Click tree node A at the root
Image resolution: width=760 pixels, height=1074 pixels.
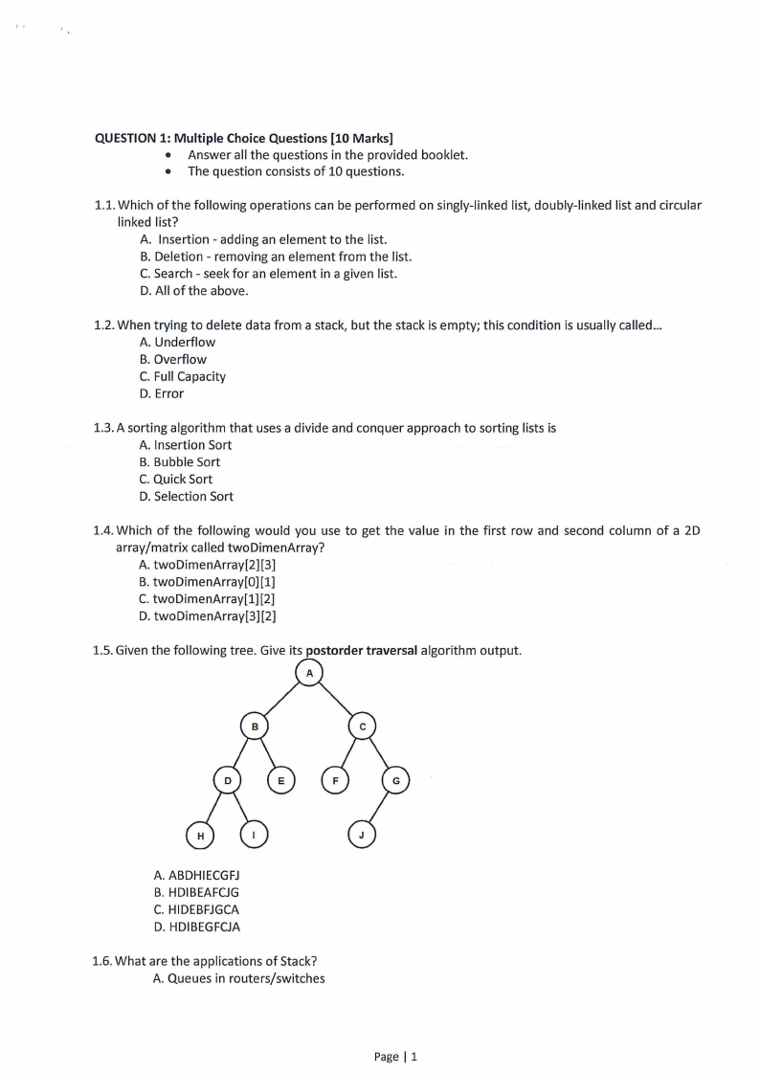(309, 673)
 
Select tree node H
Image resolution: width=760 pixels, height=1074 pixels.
(200, 836)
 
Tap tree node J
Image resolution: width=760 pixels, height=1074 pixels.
(361, 836)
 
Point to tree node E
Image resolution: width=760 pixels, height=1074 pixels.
(280, 781)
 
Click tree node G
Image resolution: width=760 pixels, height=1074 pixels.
(396, 781)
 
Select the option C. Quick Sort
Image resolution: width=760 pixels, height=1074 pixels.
(176, 479)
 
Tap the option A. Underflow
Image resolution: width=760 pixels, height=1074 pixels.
(177, 342)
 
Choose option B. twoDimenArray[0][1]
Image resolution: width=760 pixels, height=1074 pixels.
(208, 581)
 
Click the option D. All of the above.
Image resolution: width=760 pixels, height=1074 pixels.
(180, 290)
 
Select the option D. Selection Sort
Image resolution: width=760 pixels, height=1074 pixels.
(186, 496)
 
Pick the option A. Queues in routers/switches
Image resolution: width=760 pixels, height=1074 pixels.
(239, 978)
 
